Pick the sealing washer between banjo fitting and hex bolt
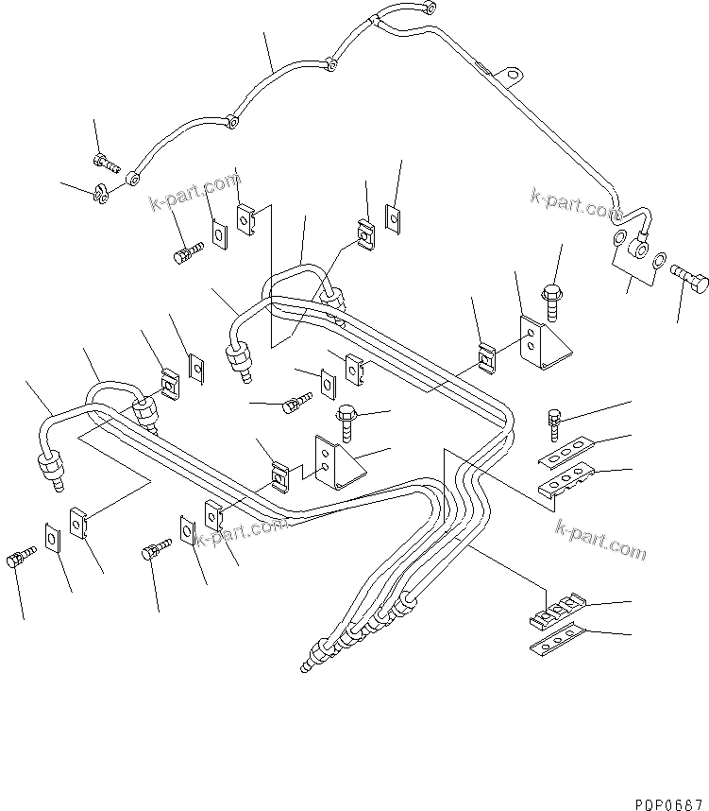(661, 259)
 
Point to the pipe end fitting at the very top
(430, 9)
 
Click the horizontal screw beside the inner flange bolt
(295, 405)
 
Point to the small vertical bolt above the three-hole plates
(554, 422)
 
